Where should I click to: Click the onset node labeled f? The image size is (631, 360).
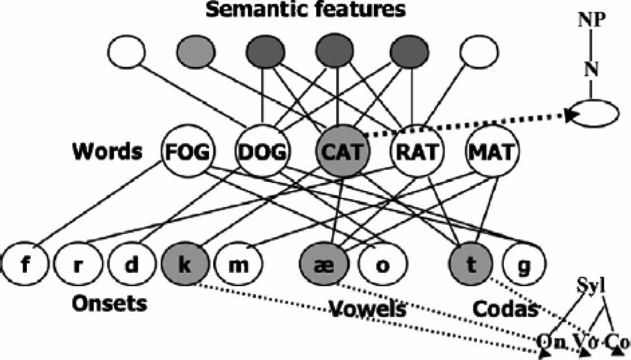coord(24,266)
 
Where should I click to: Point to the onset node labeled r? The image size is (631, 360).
coord(77,266)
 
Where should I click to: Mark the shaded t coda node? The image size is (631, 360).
coord(470,266)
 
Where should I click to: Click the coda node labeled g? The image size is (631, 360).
coord(525,266)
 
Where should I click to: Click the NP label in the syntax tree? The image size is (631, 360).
coord(591,21)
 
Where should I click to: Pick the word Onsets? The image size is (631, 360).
coord(110,302)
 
